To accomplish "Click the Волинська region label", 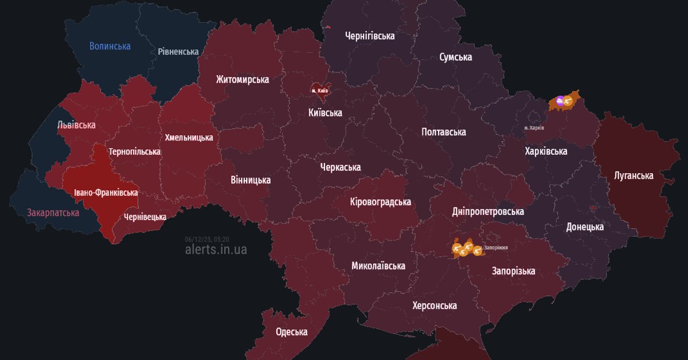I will [110, 46].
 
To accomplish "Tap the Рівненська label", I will [178, 52].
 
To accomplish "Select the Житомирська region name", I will [243, 79].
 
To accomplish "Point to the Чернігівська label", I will [370, 36].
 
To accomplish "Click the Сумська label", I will [456, 57].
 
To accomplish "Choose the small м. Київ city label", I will [319, 91].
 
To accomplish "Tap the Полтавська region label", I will [444, 132].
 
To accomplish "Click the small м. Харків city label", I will [534, 127].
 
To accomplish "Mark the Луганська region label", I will [634, 175].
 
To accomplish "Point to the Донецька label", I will [585, 226].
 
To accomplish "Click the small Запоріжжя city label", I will [496, 248].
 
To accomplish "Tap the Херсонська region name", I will [435, 306].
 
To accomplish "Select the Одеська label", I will [291, 332].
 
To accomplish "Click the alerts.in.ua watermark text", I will [216, 250].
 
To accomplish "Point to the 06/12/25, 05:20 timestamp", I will [207, 239].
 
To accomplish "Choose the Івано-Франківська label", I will [105, 193].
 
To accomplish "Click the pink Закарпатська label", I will [53, 213].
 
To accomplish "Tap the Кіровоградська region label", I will [381, 202].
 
